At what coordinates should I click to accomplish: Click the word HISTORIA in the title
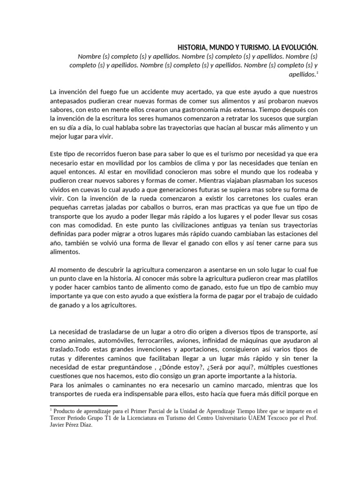(x=192, y=47)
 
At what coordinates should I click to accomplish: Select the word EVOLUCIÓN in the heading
(x=297, y=47)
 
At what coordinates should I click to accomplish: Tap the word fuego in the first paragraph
(x=104, y=92)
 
